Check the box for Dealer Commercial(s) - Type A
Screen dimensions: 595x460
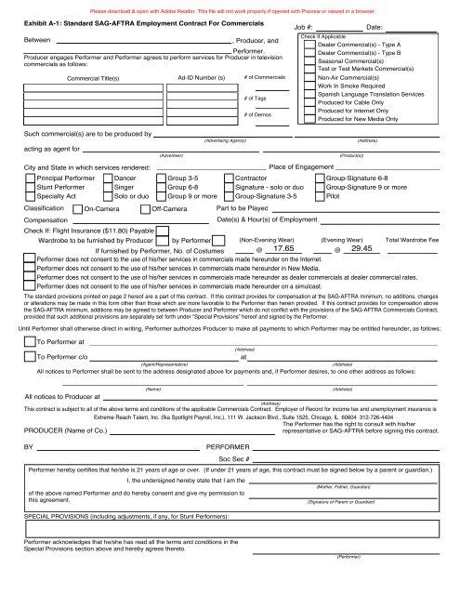point(307,45)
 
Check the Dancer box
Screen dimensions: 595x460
point(106,177)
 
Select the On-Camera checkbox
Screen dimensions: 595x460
point(76,210)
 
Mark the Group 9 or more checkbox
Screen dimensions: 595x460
point(160,197)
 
